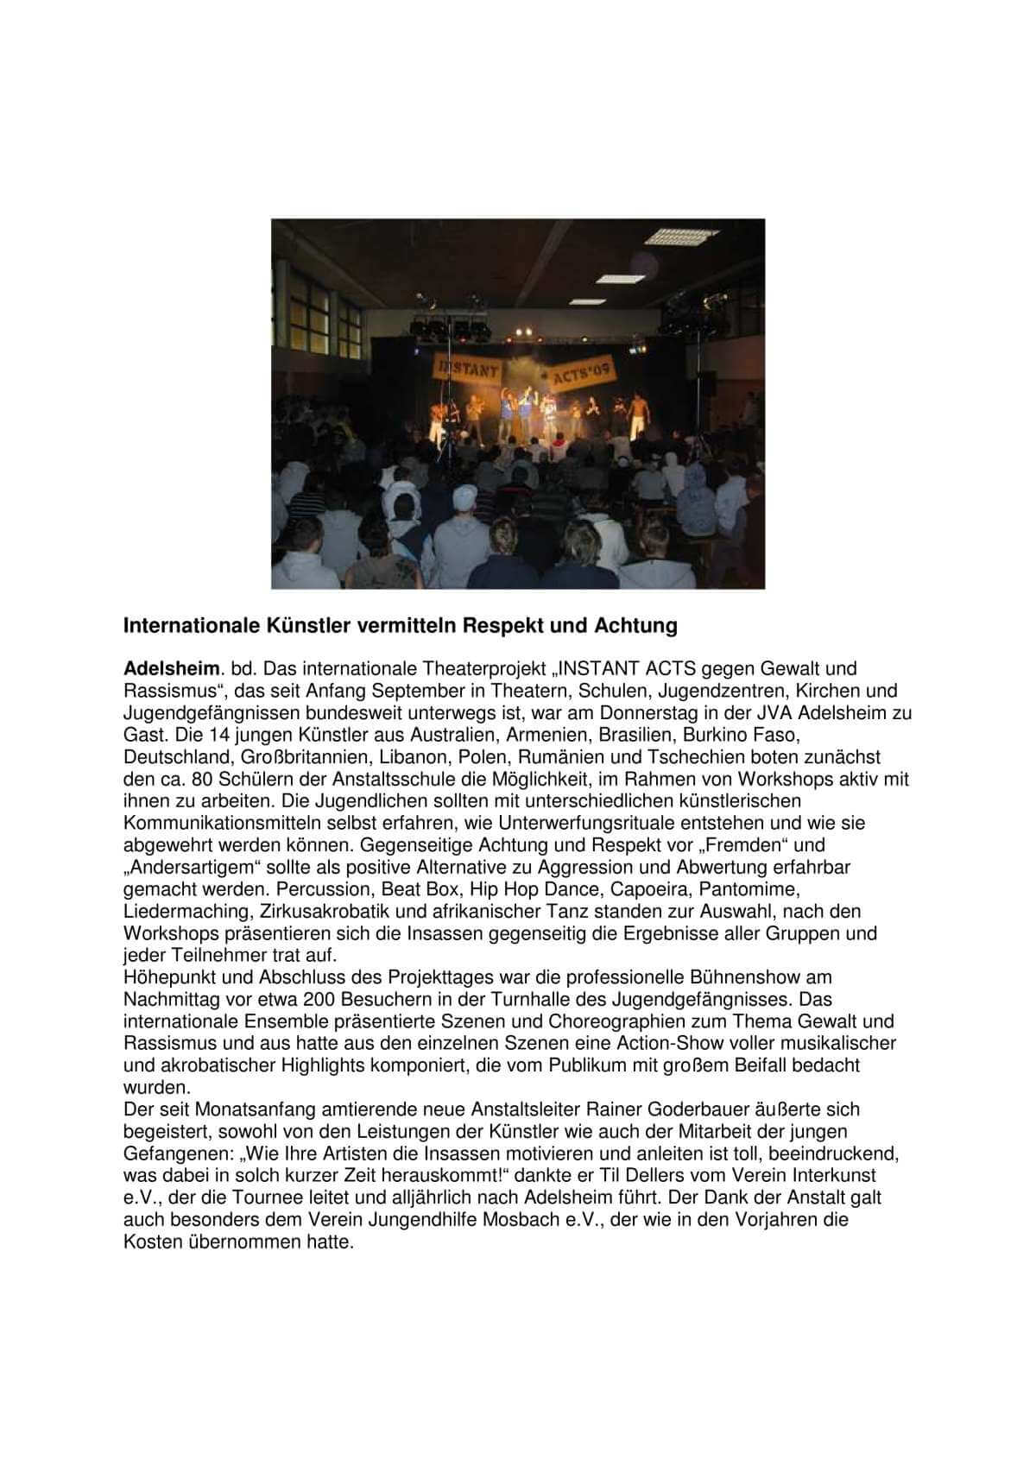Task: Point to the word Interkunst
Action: [812, 1175]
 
